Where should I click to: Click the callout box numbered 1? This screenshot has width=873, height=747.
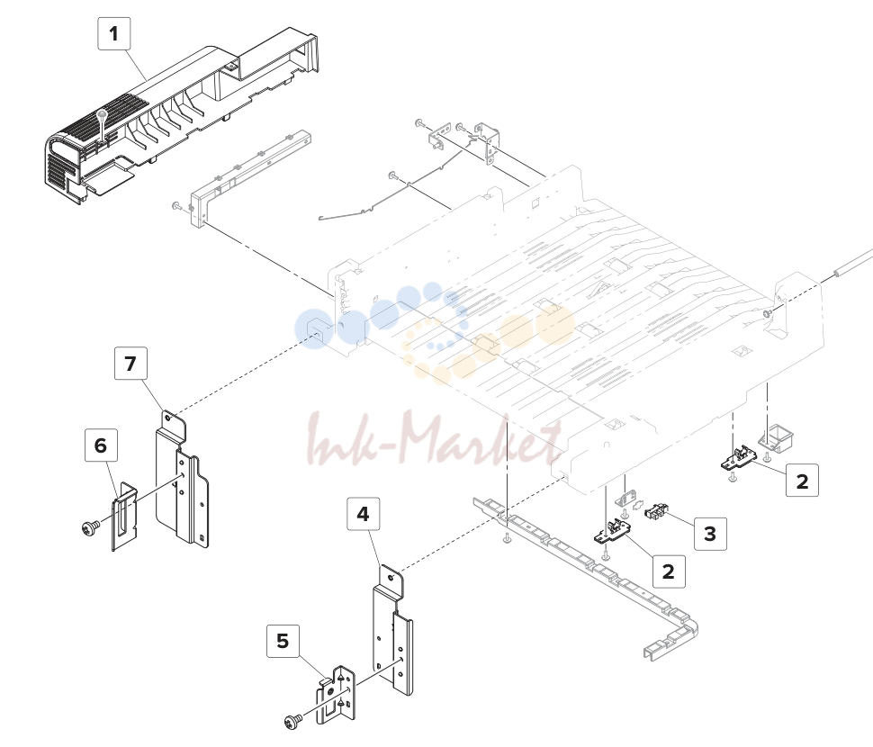point(114,34)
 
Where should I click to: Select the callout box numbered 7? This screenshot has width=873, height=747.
point(130,364)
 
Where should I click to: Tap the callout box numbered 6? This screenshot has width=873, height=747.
point(101,445)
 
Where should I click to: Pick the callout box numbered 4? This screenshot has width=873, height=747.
point(363,514)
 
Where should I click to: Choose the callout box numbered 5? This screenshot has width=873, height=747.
point(283,641)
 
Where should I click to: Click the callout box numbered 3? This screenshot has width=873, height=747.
point(710,534)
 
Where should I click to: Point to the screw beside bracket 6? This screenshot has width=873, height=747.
point(91,526)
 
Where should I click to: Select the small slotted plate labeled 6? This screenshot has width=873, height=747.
point(125,517)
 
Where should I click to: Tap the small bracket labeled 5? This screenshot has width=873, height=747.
point(336,695)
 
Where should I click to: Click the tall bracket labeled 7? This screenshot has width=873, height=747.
point(182,480)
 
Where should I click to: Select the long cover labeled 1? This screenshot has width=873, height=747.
point(181,115)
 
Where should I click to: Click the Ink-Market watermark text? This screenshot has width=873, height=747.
point(435,440)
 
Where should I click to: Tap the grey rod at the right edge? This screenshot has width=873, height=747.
point(853,261)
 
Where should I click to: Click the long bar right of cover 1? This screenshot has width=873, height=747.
point(250,178)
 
